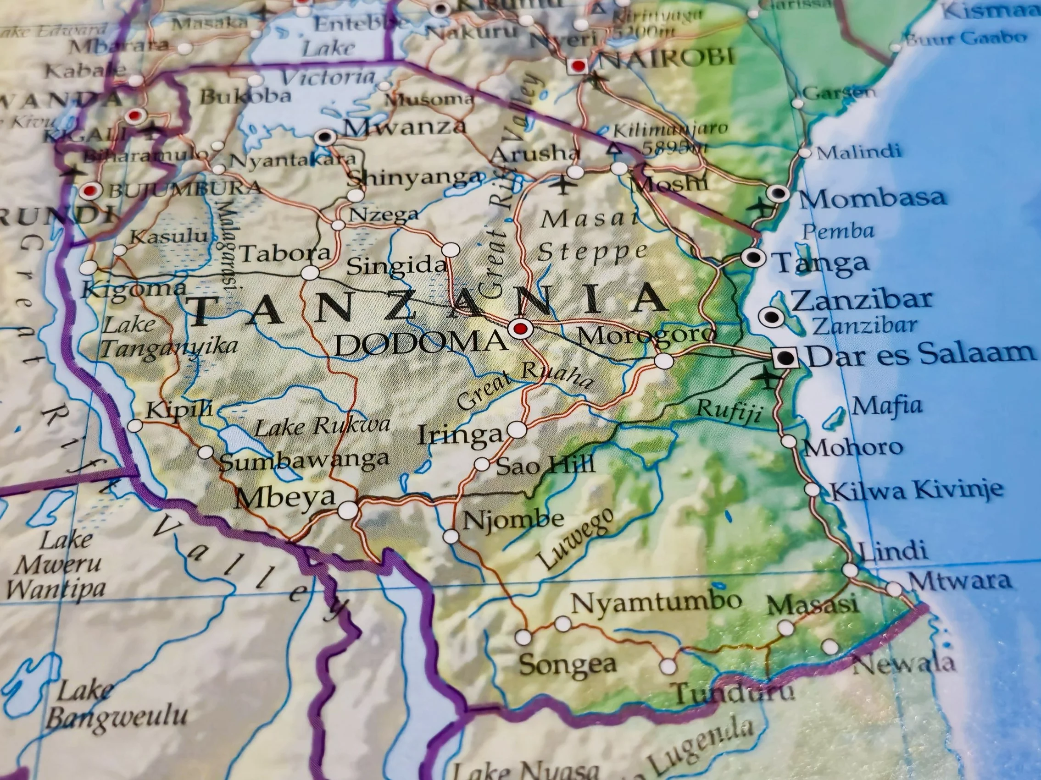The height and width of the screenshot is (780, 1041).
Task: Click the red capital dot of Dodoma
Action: coord(519,329)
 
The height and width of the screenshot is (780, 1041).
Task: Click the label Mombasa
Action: coord(872,198)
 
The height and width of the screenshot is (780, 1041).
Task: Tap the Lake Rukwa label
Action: coord(323,427)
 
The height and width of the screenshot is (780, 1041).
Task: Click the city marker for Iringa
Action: coord(517,429)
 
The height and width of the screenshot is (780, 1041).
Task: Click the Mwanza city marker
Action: coord(325,137)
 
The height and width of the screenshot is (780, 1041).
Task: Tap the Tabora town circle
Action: coord(310,272)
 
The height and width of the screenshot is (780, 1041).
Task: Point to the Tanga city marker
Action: coord(752,257)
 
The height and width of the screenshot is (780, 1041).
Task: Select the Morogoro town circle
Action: coord(664,361)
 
